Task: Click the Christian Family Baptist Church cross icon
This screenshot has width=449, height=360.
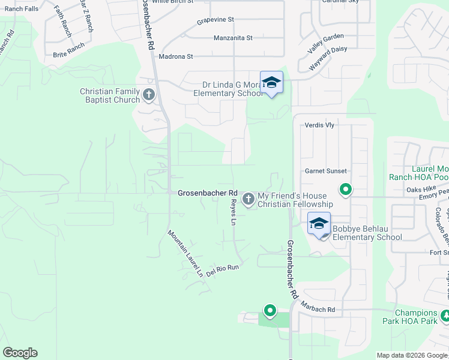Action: tap(149, 94)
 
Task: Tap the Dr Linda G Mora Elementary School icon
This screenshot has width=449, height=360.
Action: tap(271, 83)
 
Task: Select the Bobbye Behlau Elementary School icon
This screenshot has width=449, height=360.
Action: tap(319, 224)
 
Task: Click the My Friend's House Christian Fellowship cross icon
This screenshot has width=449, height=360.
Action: tap(249, 199)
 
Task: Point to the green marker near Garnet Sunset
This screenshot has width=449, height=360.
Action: tap(346, 190)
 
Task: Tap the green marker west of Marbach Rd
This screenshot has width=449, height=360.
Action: tap(270, 311)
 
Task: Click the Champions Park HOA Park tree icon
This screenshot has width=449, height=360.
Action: tap(445, 316)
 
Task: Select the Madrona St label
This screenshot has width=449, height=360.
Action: tap(175, 57)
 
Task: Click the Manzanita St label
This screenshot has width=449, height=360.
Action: tap(233, 38)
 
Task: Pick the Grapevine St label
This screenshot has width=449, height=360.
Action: tap(215, 20)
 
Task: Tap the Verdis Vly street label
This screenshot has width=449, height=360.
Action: tap(319, 125)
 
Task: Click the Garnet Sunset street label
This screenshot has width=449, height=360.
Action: tap(326, 171)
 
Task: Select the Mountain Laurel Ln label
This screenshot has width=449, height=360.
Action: tap(185, 253)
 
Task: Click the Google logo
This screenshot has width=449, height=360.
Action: tap(20, 353)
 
